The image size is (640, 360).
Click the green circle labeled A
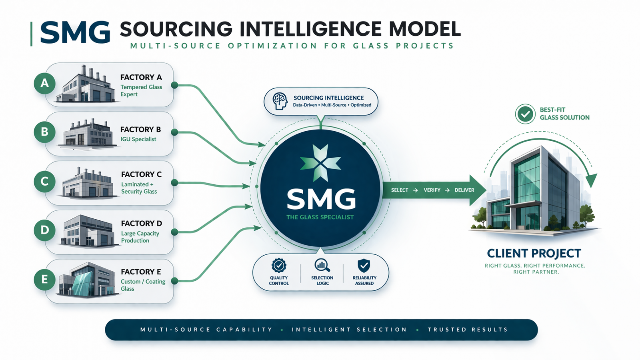click(44, 83)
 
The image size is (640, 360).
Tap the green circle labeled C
click(44, 181)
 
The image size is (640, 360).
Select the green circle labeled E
click(44, 279)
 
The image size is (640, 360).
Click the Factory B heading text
click(140, 130)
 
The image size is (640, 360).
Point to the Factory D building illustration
click(86, 231)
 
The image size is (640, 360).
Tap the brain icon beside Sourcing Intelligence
click(280, 101)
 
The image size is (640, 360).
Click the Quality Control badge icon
click(279, 265)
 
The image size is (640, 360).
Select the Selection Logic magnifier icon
click(322, 265)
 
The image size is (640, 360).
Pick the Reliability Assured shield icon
click(364, 265)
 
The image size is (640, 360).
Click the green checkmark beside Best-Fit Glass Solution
click(525, 114)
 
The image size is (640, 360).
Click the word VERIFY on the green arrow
click(432, 190)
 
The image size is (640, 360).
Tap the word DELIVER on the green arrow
click(464, 190)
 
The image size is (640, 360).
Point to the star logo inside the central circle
click(320, 163)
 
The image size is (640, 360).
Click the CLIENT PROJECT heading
click(534, 253)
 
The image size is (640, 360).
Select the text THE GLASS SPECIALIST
click(320, 217)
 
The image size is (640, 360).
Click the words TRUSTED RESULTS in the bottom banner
click(468, 330)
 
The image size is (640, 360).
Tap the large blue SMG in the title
click(75, 32)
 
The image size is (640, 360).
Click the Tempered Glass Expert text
click(141, 91)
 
